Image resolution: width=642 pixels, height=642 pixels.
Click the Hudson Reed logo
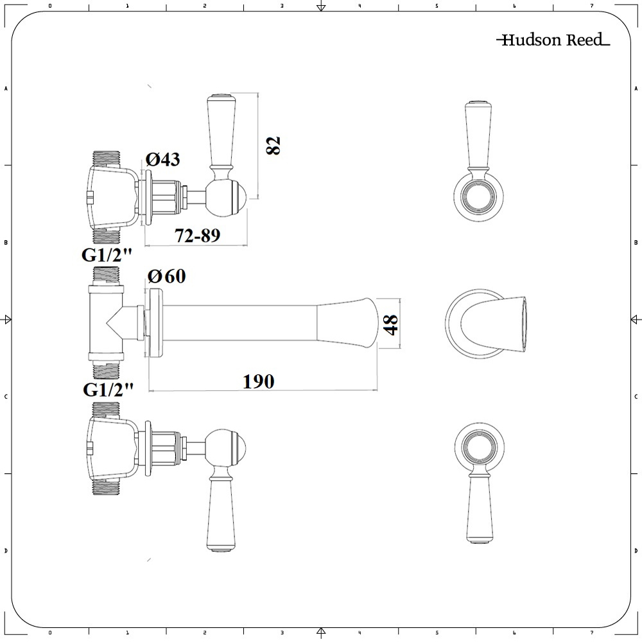click(552, 40)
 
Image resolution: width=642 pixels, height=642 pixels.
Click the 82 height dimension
click(274, 146)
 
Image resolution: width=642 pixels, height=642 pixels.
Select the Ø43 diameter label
click(163, 159)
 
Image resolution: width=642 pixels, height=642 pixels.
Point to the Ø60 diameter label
click(166, 277)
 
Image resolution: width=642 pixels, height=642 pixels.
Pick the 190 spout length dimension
click(258, 381)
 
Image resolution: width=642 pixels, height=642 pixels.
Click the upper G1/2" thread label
click(107, 255)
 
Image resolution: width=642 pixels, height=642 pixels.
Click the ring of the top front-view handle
click(476, 195)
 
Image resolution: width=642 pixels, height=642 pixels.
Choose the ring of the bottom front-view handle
click(476, 446)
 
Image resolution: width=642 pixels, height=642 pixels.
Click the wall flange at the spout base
click(154, 322)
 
